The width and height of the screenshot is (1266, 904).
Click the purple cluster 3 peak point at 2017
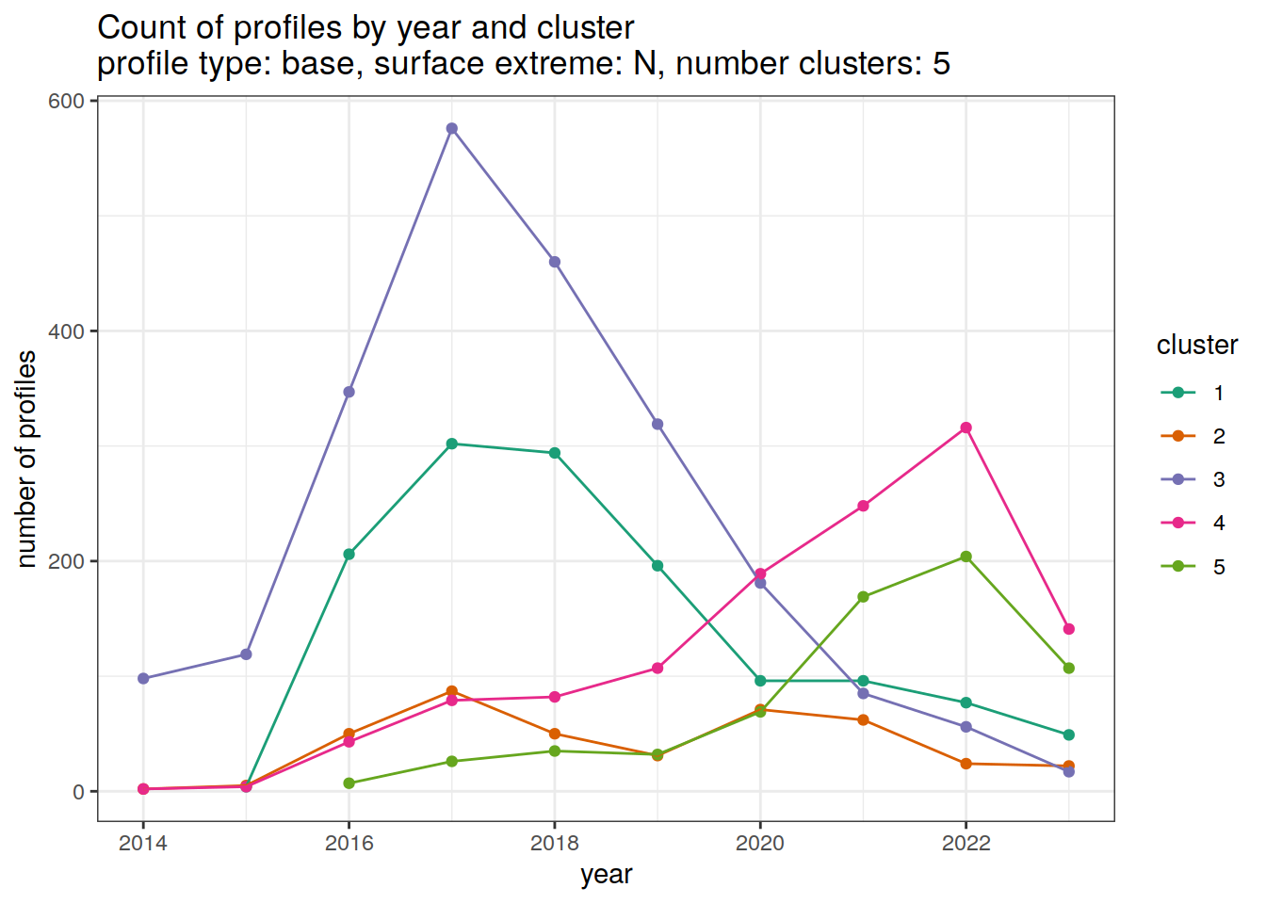click(452, 128)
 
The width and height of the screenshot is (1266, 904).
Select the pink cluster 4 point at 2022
click(966, 428)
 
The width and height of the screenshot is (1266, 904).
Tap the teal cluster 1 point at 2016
click(349, 554)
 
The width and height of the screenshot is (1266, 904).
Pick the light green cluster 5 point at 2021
click(863, 596)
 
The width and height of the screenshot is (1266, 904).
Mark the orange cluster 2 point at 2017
click(452, 691)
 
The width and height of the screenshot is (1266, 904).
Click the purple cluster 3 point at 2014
click(143, 678)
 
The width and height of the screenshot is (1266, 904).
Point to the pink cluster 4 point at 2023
click(1068, 629)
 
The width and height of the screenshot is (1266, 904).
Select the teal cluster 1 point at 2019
click(657, 566)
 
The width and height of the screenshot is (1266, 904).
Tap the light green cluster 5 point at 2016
click(349, 783)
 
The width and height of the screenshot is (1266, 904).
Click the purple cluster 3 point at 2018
click(555, 262)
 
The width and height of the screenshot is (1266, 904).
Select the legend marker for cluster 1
click(1177, 393)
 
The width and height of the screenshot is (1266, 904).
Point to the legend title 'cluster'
click(1196, 346)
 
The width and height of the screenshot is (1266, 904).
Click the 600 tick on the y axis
click(66, 101)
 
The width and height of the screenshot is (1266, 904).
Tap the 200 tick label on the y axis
click(66, 561)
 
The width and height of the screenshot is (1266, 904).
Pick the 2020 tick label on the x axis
click(760, 843)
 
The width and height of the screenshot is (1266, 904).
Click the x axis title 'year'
click(606, 875)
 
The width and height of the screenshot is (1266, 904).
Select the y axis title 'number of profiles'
click(26, 460)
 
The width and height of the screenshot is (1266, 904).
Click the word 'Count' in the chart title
click(142, 28)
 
